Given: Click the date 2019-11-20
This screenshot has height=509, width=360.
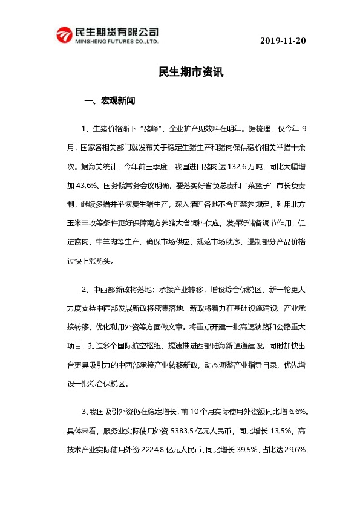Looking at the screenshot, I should coord(283,41).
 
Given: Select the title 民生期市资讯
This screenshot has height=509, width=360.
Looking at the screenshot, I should coord(191,72).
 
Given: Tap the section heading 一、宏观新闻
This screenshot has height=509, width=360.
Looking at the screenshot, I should coord(110,101).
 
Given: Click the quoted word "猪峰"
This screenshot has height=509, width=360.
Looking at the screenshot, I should coord(151,129).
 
